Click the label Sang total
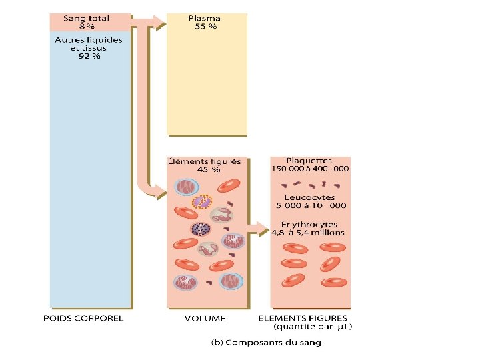[87, 18]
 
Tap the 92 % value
[89, 57]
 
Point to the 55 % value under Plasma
[206, 27]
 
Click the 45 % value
[207, 169]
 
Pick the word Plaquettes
[309, 161]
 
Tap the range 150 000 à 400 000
[310, 169]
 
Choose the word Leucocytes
[309, 198]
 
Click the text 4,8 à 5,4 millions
[308, 233]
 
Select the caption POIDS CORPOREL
[83, 318]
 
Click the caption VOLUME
[205, 318]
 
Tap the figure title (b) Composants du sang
[266, 343]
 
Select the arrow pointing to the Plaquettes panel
[258, 233]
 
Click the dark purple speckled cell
[199, 229]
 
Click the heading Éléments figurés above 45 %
[206, 161]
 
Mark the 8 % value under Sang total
[87, 27]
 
